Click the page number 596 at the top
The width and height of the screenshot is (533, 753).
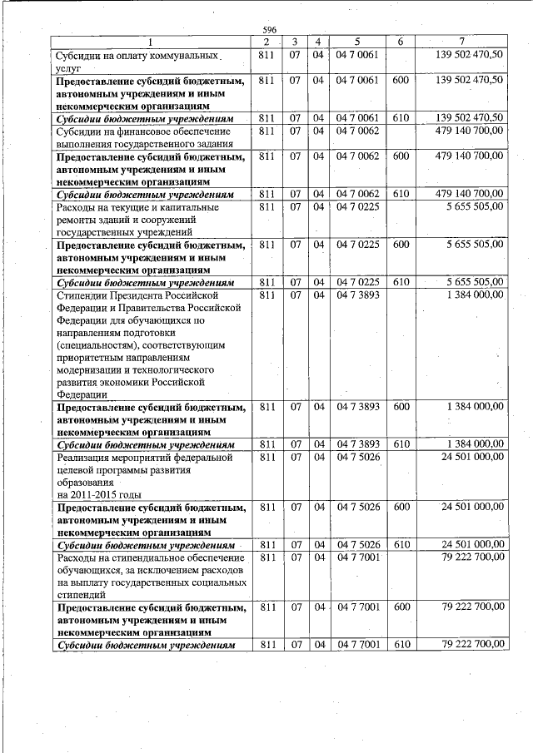pyautogui.click(x=269, y=29)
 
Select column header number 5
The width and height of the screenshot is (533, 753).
pyautogui.click(x=356, y=42)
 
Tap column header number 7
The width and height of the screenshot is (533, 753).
pyautogui.click(x=462, y=42)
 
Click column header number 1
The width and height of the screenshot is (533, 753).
pyautogui.click(x=151, y=42)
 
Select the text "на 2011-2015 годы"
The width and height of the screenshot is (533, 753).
pyautogui.click(x=94, y=493)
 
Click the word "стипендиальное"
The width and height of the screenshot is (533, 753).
pyautogui.click(x=150, y=557)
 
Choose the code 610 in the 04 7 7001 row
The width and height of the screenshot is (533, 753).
pyautogui.click(x=401, y=644)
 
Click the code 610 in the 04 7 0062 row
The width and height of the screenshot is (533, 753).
pyautogui.click(x=401, y=194)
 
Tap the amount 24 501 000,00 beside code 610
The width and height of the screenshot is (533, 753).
pyautogui.click(x=472, y=544)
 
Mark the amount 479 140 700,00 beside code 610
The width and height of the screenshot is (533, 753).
pyautogui.click(x=469, y=194)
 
